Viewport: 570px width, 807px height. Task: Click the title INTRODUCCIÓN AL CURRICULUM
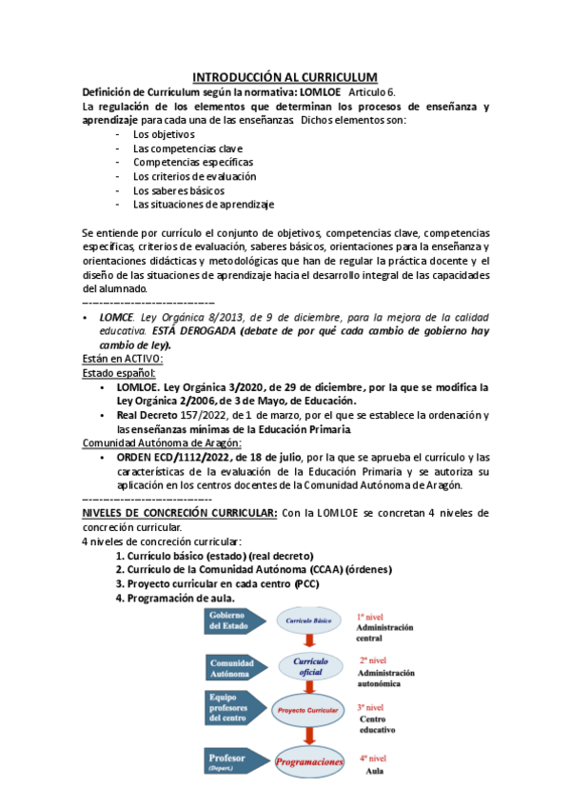click(285, 77)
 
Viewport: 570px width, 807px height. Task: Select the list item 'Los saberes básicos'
click(179, 190)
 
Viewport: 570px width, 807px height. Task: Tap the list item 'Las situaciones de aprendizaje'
click(204, 204)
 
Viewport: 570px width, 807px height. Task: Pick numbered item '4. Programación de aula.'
click(175, 598)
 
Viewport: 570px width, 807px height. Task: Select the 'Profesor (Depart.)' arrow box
click(232, 761)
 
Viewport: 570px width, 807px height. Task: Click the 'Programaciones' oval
click(309, 762)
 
